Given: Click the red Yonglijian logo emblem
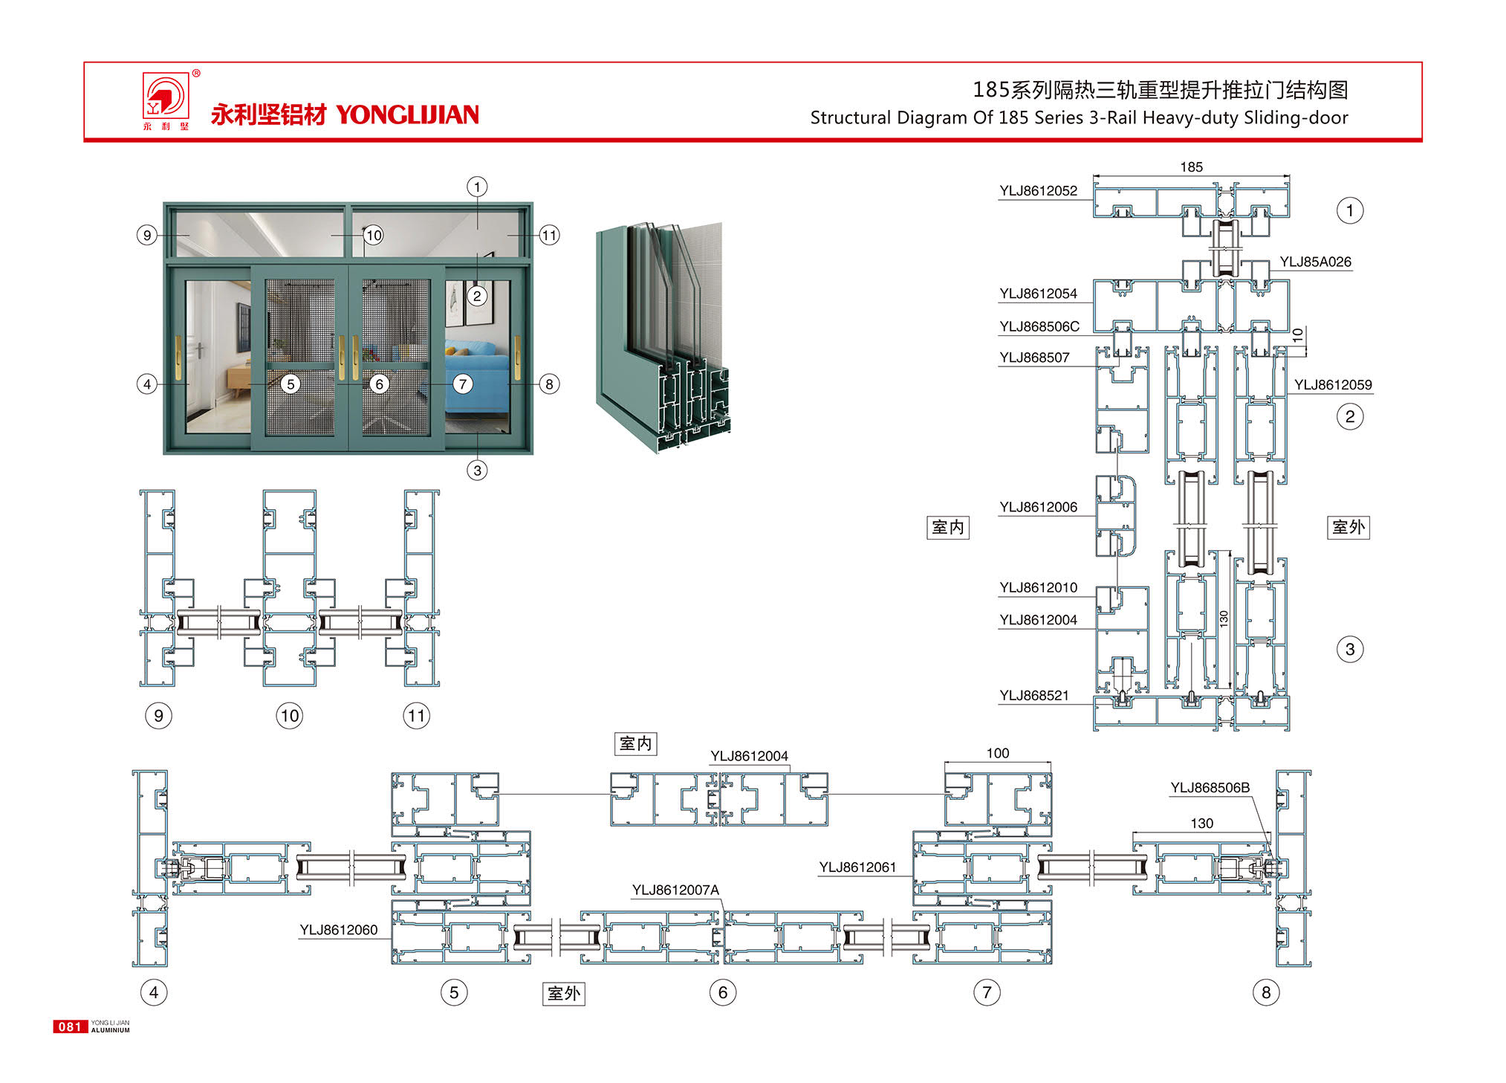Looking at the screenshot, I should point(166,97).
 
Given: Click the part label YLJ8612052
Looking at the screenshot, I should point(1038,191).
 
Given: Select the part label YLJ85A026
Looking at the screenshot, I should point(1315,262).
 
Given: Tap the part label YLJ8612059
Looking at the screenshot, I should point(1333,385).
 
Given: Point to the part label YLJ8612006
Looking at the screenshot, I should point(1038,508).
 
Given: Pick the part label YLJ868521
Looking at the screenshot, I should point(1034,696).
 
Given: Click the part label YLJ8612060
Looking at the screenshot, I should point(339,930).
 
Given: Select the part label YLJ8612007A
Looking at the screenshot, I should point(675,890).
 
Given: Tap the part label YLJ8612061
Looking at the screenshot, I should point(857,867).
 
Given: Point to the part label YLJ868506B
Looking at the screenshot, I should point(1210,788).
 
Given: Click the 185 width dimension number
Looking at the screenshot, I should point(1191,167).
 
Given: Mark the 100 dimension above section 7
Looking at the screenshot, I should point(998,754).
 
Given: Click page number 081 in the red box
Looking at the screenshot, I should point(70,1027).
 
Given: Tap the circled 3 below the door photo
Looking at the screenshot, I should point(477,471).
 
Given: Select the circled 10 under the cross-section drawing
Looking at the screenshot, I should point(290,716).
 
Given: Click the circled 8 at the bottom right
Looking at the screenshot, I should point(1266,992).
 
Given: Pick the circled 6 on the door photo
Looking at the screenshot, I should point(380,384).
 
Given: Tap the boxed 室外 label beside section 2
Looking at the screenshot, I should point(1348,528).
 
